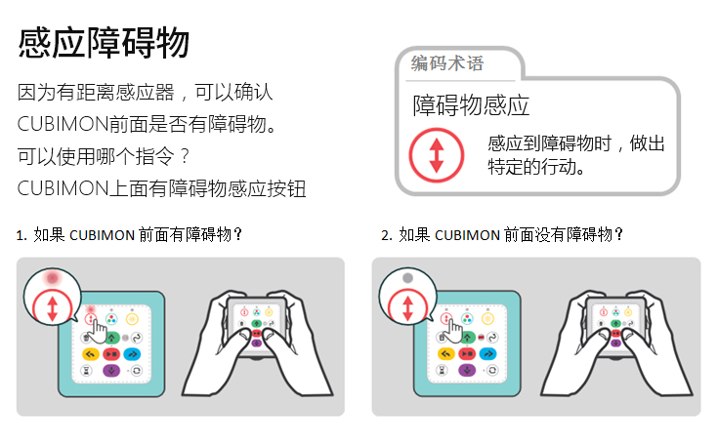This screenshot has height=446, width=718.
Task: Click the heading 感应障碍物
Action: pos(104,43)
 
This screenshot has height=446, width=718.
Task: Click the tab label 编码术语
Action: pos(447,63)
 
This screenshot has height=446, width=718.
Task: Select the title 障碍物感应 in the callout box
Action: pos(471,105)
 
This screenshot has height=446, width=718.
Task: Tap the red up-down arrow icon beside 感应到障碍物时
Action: pos(437,155)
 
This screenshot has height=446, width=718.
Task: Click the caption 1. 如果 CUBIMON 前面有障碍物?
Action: pos(129,234)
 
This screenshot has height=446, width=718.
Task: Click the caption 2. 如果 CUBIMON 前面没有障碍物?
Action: pos(502,234)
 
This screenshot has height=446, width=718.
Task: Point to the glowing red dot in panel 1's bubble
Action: pos(52,278)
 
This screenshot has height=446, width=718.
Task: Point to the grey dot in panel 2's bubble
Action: pos(407,278)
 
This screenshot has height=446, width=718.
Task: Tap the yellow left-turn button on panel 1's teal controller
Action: pos(91,354)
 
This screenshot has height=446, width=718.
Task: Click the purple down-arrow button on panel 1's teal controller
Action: pos(111,370)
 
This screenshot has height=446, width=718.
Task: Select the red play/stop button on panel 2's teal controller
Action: pos(467,353)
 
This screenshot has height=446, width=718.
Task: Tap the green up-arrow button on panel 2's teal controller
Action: pos(467,338)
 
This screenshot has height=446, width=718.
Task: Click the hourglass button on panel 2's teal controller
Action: pos(442,370)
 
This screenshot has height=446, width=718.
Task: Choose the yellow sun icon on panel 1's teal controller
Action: pos(132,319)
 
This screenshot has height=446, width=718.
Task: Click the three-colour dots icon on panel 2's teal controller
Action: pos(467,318)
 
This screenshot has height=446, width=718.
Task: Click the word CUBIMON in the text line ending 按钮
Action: pos(63,188)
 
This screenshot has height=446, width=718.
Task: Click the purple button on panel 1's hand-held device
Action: pos(256,343)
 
